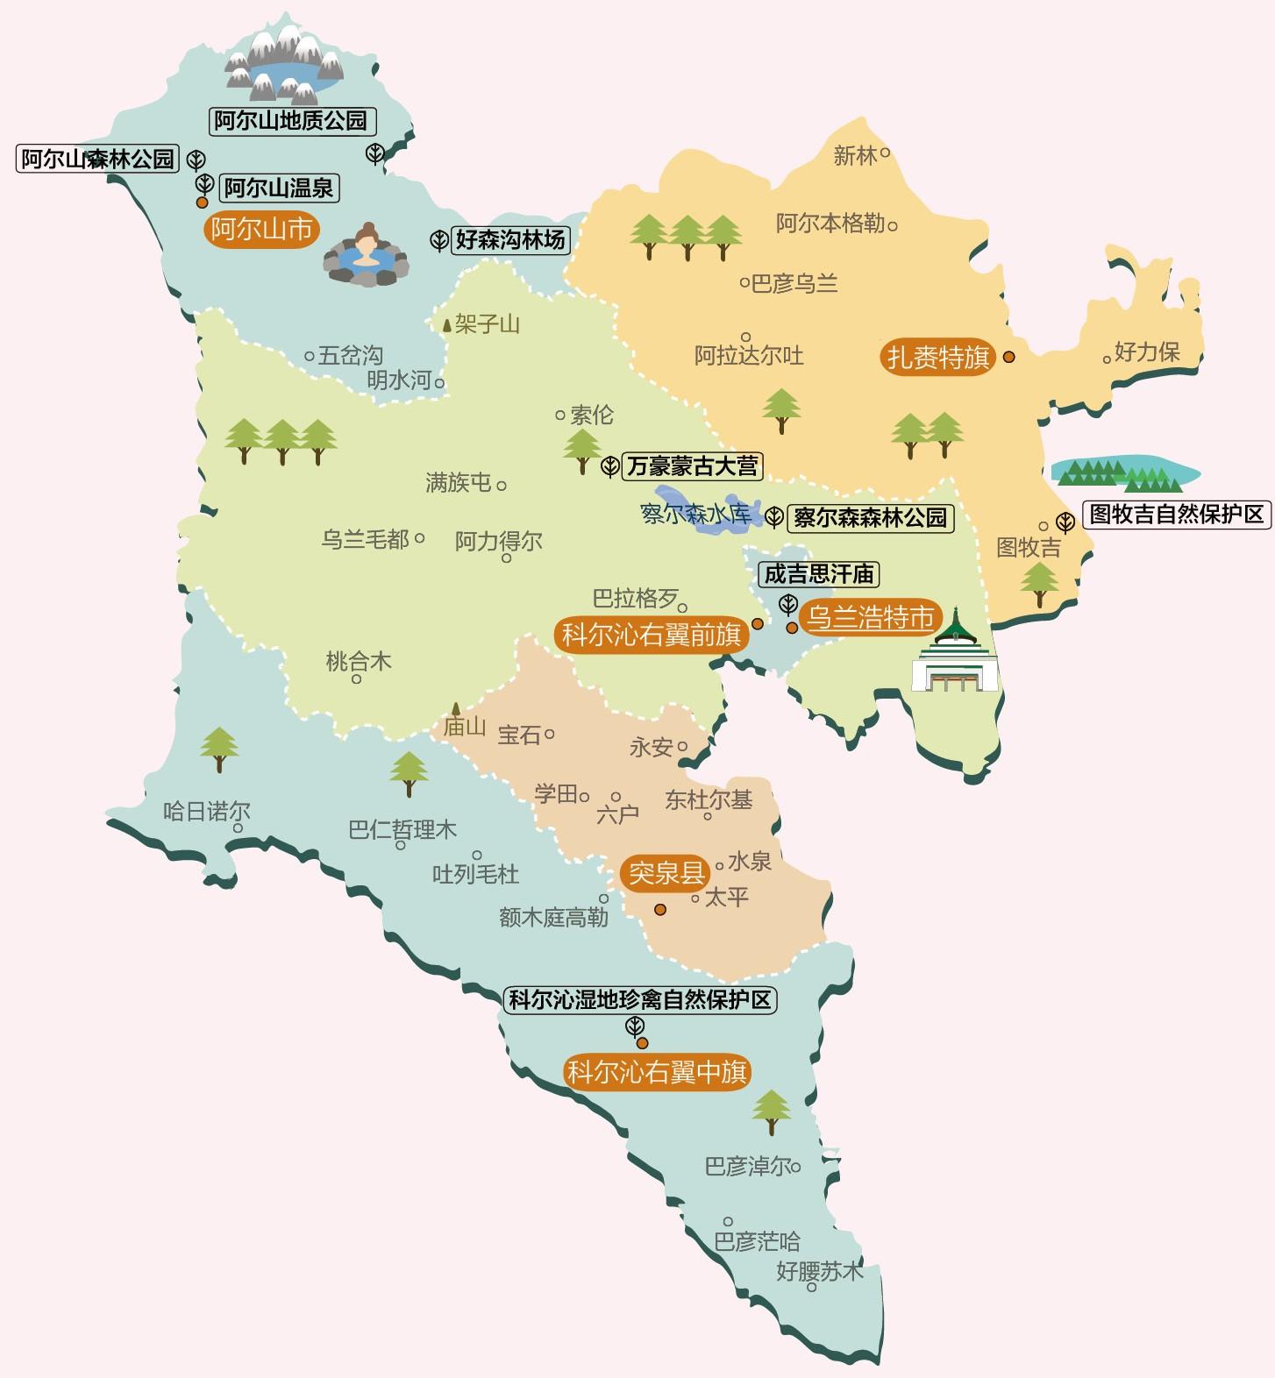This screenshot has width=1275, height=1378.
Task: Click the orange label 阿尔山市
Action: point(261,230)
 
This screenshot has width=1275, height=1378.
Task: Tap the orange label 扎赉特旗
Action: point(937,358)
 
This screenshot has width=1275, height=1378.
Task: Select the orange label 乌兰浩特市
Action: point(870,617)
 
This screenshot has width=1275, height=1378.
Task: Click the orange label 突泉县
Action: point(666,873)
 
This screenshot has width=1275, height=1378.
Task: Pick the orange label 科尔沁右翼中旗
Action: point(657,1072)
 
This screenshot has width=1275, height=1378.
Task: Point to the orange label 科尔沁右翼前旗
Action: point(651,635)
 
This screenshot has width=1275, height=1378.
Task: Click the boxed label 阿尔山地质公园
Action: point(292,121)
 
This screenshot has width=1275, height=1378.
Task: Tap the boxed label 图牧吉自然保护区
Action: point(1177,515)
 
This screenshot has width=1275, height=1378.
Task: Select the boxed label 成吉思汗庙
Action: point(819,574)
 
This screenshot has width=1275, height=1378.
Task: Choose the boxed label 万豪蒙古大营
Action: point(692,466)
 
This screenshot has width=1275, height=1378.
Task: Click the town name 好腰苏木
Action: point(819,1271)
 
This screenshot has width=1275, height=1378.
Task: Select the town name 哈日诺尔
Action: point(207,812)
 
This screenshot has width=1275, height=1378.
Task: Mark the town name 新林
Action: point(855,156)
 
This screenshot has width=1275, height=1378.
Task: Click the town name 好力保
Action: point(1147,352)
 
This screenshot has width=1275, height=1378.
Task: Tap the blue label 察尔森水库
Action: point(695,514)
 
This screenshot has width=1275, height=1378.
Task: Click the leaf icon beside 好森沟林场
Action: point(439,240)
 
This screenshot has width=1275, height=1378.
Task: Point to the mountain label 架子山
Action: point(487,324)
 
